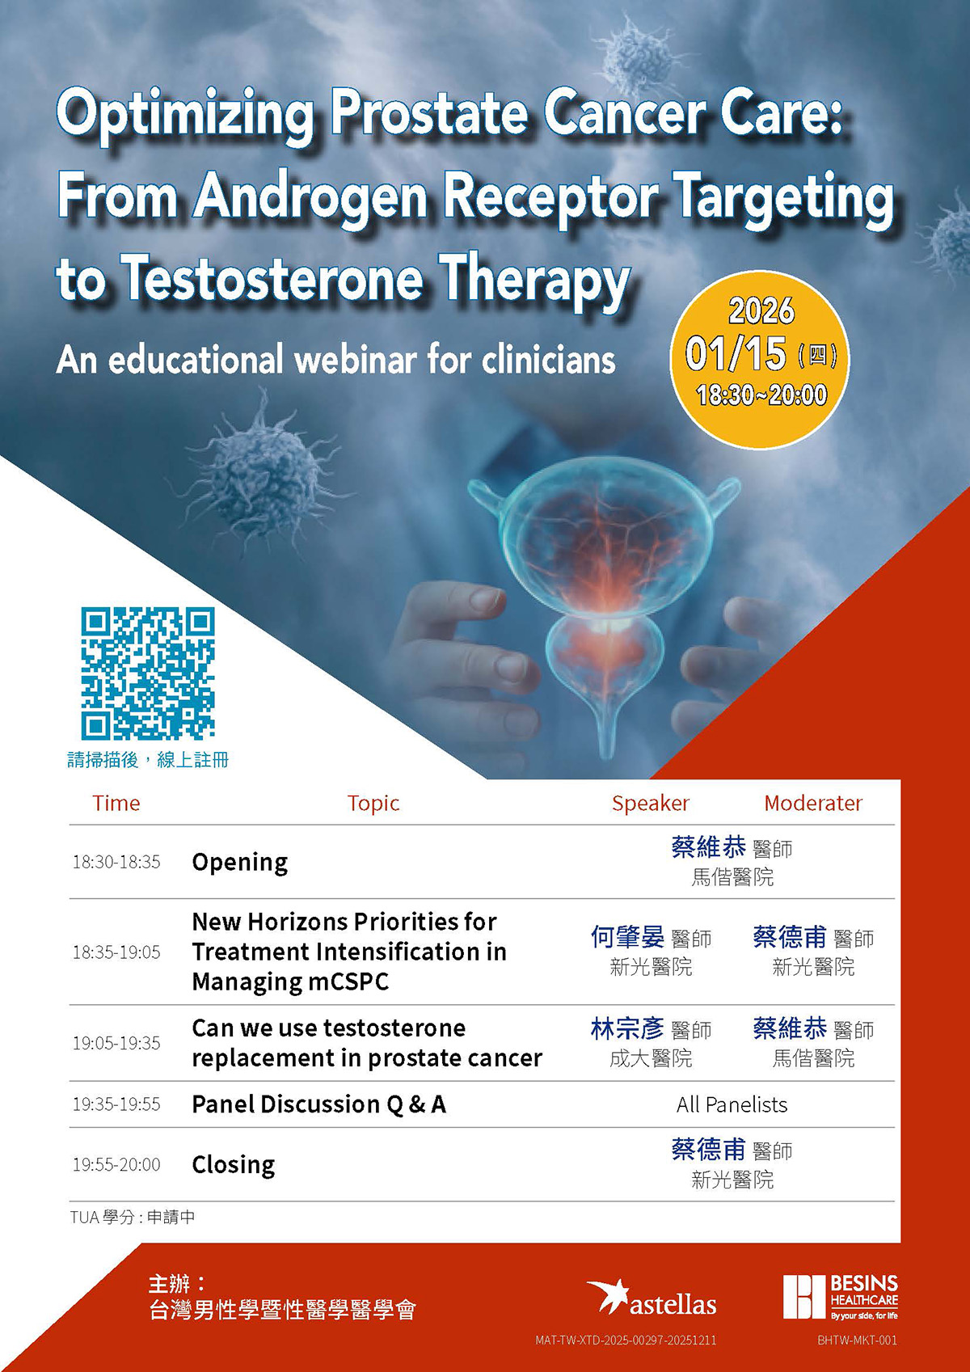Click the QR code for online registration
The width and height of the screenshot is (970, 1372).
148,673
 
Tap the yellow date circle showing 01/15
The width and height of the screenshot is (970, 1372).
760,360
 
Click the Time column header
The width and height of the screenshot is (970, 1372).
116,803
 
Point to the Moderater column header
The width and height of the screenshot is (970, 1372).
813,803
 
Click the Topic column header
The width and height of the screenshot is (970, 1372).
373,803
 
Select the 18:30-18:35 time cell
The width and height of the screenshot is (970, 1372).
116,862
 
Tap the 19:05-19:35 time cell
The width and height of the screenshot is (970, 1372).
116,1043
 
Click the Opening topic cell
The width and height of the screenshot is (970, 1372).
239,863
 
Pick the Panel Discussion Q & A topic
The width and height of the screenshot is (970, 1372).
319,1104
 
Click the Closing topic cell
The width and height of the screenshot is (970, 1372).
234,1165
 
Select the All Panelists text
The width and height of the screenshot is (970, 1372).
732,1104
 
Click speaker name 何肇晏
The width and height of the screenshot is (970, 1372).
627,937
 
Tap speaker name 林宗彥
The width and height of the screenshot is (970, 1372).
627,1028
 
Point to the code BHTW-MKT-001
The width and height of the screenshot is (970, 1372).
857,1340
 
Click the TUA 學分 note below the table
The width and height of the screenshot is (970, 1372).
133,1217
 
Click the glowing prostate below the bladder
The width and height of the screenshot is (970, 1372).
605,655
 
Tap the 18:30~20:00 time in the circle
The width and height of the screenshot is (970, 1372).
761,395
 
